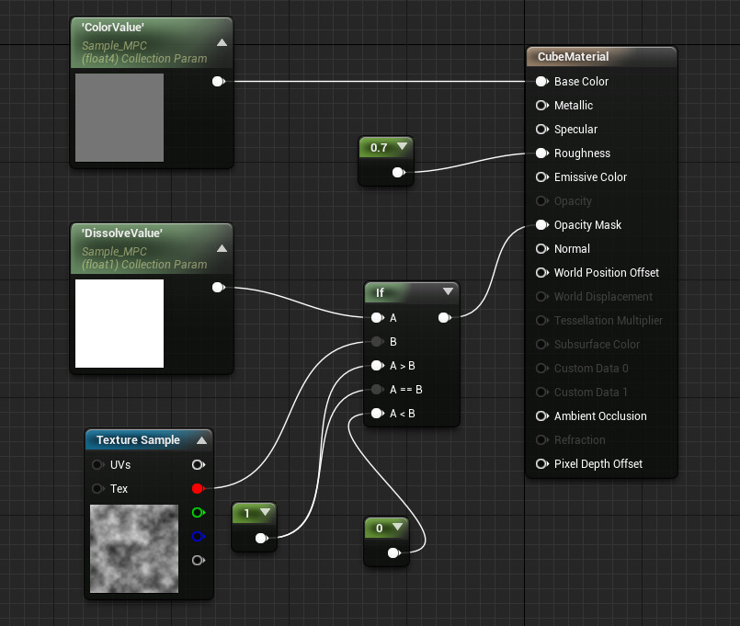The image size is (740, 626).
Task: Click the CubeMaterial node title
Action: click(x=573, y=57)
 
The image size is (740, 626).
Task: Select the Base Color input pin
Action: click(x=541, y=82)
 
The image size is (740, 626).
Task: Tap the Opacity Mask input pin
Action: click(x=541, y=224)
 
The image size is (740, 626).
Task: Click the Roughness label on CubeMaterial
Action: click(x=582, y=153)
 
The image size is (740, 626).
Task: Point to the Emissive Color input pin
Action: click(x=541, y=177)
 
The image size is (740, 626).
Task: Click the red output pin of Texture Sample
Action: click(x=199, y=489)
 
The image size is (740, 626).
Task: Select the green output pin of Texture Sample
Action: click(x=199, y=512)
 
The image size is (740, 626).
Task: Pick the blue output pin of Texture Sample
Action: click(x=199, y=536)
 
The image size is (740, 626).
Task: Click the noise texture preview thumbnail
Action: click(x=134, y=549)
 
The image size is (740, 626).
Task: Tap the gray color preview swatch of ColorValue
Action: click(x=120, y=118)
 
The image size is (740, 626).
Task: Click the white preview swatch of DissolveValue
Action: click(x=120, y=324)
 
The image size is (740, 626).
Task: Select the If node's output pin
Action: click(x=445, y=318)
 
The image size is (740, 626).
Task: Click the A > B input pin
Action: click(x=377, y=366)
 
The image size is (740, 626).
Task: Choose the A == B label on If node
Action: click(x=406, y=390)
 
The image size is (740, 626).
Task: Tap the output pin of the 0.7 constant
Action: click(x=398, y=172)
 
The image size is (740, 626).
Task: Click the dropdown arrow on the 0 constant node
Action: click(x=397, y=527)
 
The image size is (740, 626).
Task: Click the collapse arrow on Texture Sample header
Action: click(x=201, y=440)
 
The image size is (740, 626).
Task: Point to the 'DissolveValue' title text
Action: click(x=121, y=233)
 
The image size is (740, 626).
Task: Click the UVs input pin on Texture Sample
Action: click(x=98, y=464)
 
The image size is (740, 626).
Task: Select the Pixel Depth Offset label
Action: click(x=598, y=464)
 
